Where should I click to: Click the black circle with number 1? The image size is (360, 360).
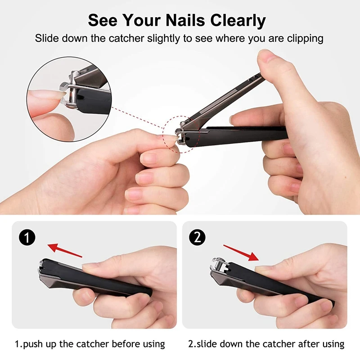[x=28, y=238]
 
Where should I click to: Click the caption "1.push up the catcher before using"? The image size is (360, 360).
[x=90, y=344]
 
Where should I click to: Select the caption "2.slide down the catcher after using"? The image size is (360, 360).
[x=266, y=344]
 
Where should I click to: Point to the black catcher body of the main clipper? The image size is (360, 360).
[x=243, y=134]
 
